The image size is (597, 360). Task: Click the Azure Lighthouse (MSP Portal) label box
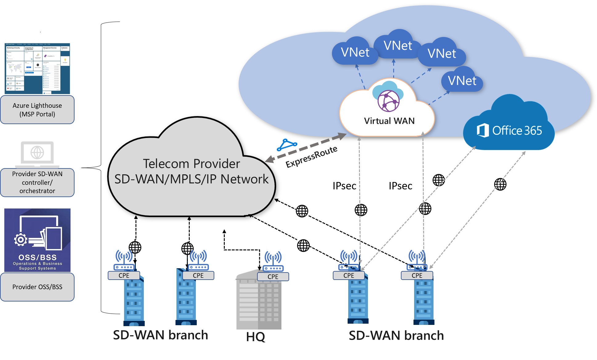click(x=37, y=110)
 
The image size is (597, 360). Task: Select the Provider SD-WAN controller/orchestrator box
click(x=37, y=182)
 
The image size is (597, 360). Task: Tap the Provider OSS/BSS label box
click(x=37, y=287)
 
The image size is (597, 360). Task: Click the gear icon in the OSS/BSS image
click(x=21, y=239)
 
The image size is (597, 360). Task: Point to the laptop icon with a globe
click(x=37, y=153)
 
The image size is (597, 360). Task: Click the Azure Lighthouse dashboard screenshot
click(x=37, y=68)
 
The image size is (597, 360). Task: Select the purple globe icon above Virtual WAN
click(x=389, y=101)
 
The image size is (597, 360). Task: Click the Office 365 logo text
click(x=510, y=131)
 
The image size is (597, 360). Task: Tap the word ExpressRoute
click(x=311, y=157)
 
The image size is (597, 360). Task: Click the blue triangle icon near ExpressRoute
click(x=287, y=144)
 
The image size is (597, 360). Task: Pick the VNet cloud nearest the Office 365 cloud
click(x=462, y=81)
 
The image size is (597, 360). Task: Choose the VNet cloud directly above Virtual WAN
click(x=397, y=46)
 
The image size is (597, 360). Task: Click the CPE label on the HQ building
click(x=273, y=277)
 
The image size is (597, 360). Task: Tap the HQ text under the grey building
click(x=256, y=337)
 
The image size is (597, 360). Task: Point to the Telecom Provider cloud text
click(x=191, y=171)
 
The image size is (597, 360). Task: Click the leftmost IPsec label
click(x=344, y=186)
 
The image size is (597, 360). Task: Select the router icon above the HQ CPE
click(x=273, y=261)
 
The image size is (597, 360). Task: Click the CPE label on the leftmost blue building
click(x=124, y=275)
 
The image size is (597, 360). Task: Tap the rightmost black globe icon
click(x=500, y=184)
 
